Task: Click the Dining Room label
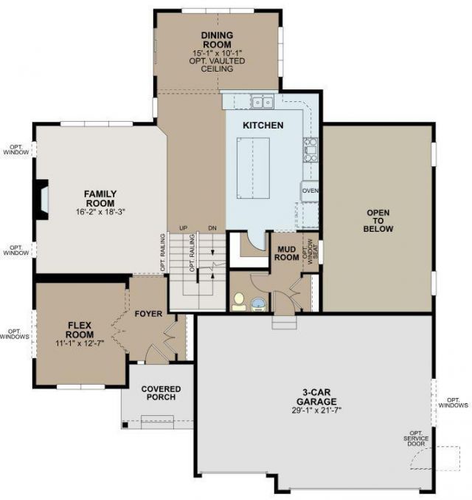click(218, 40)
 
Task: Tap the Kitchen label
click(263, 126)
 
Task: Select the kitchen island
click(253, 168)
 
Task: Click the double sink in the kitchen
click(262, 102)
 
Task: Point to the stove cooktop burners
click(310, 149)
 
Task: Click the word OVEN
click(310, 191)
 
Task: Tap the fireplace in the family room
click(42, 199)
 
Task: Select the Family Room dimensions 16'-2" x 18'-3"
click(100, 212)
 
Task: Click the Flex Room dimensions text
click(80, 343)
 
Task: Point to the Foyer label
click(148, 314)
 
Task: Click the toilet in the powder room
click(239, 301)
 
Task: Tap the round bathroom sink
click(258, 304)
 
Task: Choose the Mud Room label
click(287, 253)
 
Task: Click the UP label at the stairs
click(183, 228)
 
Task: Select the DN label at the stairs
click(212, 228)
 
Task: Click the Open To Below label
click(378, 221)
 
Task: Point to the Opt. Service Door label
click(416, 439)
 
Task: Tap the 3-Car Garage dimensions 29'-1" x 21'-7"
click(316, 411)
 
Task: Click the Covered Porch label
click(161, 393)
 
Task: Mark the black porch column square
click(125, 425)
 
